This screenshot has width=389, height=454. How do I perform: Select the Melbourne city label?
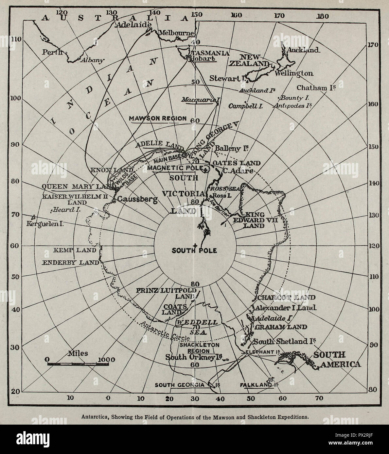click(177, 33)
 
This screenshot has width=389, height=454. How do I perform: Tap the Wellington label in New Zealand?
click(293, 73)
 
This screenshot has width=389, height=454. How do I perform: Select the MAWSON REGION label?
click(158, 118)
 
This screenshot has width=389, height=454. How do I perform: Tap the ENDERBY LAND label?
click(71, 262)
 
